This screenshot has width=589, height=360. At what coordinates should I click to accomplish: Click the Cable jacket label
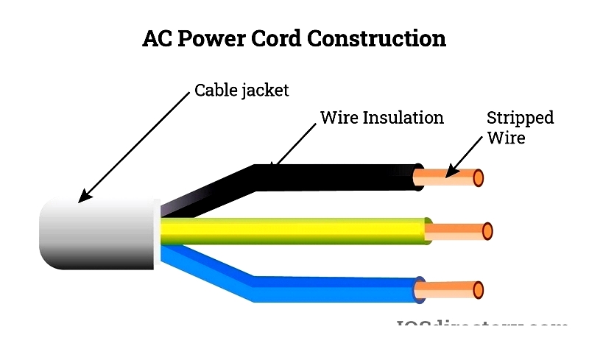tap(241, 91)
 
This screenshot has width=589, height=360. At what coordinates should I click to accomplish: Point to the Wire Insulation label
tap(381, 118)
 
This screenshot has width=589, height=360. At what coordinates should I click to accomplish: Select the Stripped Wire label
tap(520, 127)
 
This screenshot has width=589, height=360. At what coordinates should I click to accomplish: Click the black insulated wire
tap(339, 177)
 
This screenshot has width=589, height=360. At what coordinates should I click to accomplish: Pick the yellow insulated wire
tap(294, 230)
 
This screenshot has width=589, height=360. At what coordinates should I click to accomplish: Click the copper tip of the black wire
tap(449, 177)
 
